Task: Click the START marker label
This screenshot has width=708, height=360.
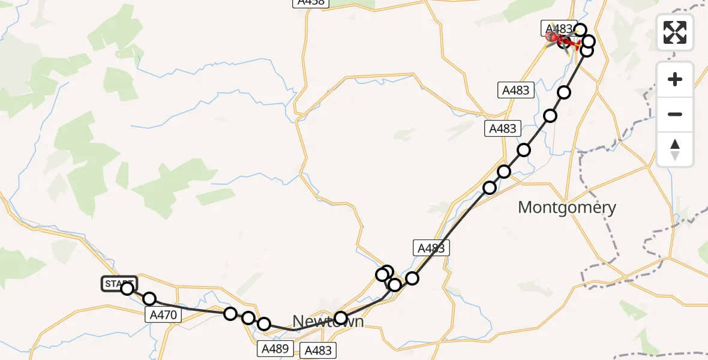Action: (119, 283)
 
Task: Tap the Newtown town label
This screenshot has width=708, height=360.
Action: (328, 321)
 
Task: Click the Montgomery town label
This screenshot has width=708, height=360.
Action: (566, 208)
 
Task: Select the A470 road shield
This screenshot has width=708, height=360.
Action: (162, 314)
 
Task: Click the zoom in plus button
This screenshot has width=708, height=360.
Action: (675, 80)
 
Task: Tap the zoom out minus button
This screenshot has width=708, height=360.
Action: (675, 114)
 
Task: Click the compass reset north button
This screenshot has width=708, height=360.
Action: (675, 149)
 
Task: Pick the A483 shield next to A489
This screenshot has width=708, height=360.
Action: (318, 350)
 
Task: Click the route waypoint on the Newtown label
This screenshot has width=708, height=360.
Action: (341, 318)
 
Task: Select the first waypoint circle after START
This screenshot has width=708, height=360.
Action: (149, 299)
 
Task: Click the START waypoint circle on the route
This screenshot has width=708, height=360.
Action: (127, 289)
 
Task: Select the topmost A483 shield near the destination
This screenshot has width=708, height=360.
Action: (558, 28)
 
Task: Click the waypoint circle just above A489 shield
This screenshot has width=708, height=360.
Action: (264, 325)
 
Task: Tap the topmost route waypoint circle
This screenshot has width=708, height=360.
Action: (580, 29)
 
